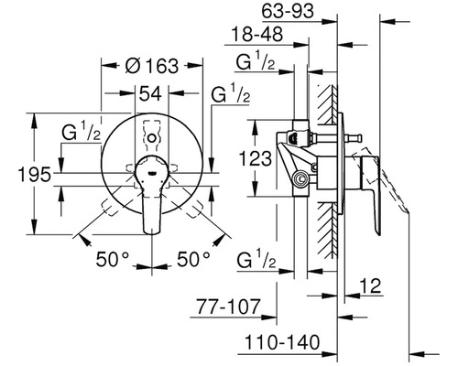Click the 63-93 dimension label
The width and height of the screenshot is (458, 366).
pos(288,11)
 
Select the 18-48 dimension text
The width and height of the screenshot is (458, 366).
pos(257,34)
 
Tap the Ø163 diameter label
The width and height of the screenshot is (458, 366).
pos(152,65)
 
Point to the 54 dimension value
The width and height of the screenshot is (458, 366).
pos(150,94)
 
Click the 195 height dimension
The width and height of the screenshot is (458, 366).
pos(34,175)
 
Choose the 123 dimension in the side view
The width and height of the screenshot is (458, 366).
pos(255,158)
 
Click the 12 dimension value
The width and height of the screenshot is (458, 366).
pos(371,286)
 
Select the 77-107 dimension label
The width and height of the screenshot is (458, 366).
pos(228,307)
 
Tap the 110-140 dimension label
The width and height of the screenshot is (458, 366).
pos(282,342)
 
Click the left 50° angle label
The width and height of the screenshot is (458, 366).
pos(113,259)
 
